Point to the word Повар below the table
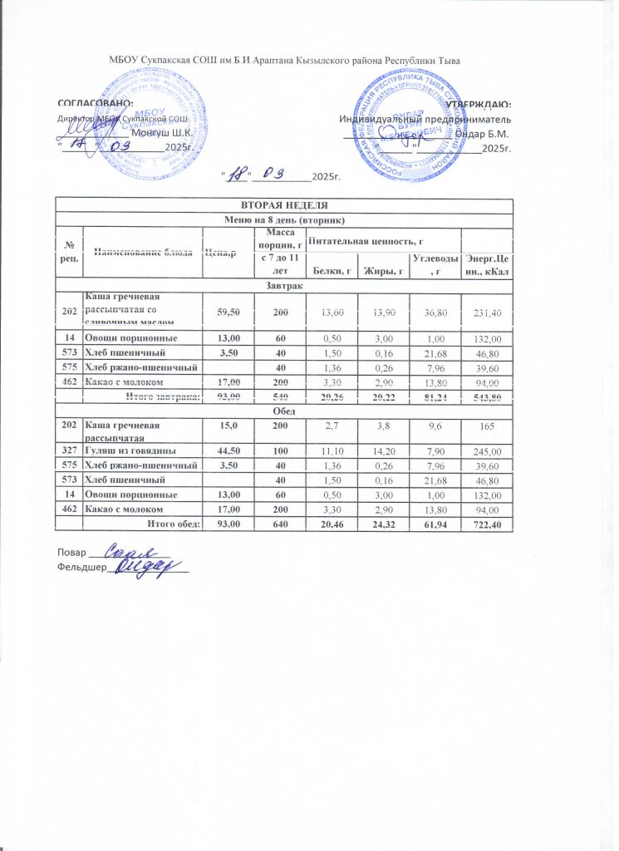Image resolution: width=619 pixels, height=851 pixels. (x=71, y=553)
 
